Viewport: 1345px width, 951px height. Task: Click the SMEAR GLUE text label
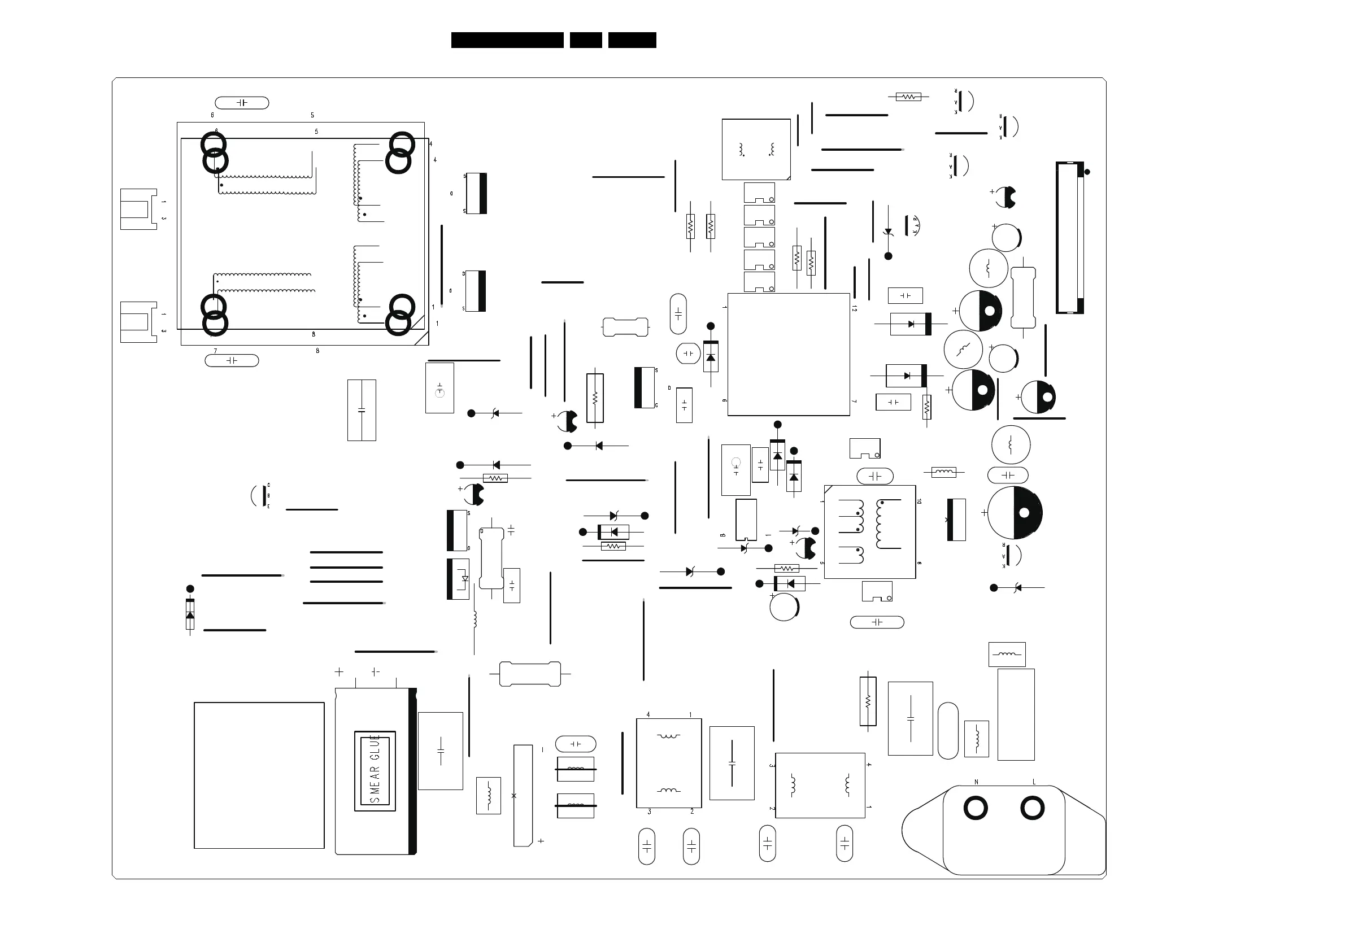pos(375,771)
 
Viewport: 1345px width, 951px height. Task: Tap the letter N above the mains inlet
pos(976,782)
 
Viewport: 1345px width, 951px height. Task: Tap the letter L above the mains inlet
pos(1034,782)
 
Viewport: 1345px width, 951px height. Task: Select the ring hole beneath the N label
pos(976,809)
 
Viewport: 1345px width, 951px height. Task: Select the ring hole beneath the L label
pos(1032,809)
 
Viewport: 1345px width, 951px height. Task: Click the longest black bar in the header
pos(507,40)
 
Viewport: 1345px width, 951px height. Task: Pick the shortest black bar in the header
pos(586,40)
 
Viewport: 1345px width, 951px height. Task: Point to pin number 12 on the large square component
pos(854,308)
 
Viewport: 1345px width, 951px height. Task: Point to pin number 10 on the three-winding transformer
pos(919,502)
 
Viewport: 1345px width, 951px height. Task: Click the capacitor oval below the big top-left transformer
pos(232,361)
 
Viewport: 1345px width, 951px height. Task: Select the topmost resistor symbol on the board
pos(908,97)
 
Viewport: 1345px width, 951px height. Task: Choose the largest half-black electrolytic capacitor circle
pos(1015,513)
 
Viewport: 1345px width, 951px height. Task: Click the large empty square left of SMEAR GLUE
pos(259,775)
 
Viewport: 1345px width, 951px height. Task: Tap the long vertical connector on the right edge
pos(1070,238)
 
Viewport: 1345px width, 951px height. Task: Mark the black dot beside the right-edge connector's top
pos(1087,172)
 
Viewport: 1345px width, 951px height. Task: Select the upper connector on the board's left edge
pos(139,209)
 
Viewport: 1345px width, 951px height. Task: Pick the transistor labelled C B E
pos(259,496)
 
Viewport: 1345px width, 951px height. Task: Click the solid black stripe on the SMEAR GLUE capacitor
pos(412,771)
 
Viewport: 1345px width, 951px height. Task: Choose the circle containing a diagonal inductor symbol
pos(963,350)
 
